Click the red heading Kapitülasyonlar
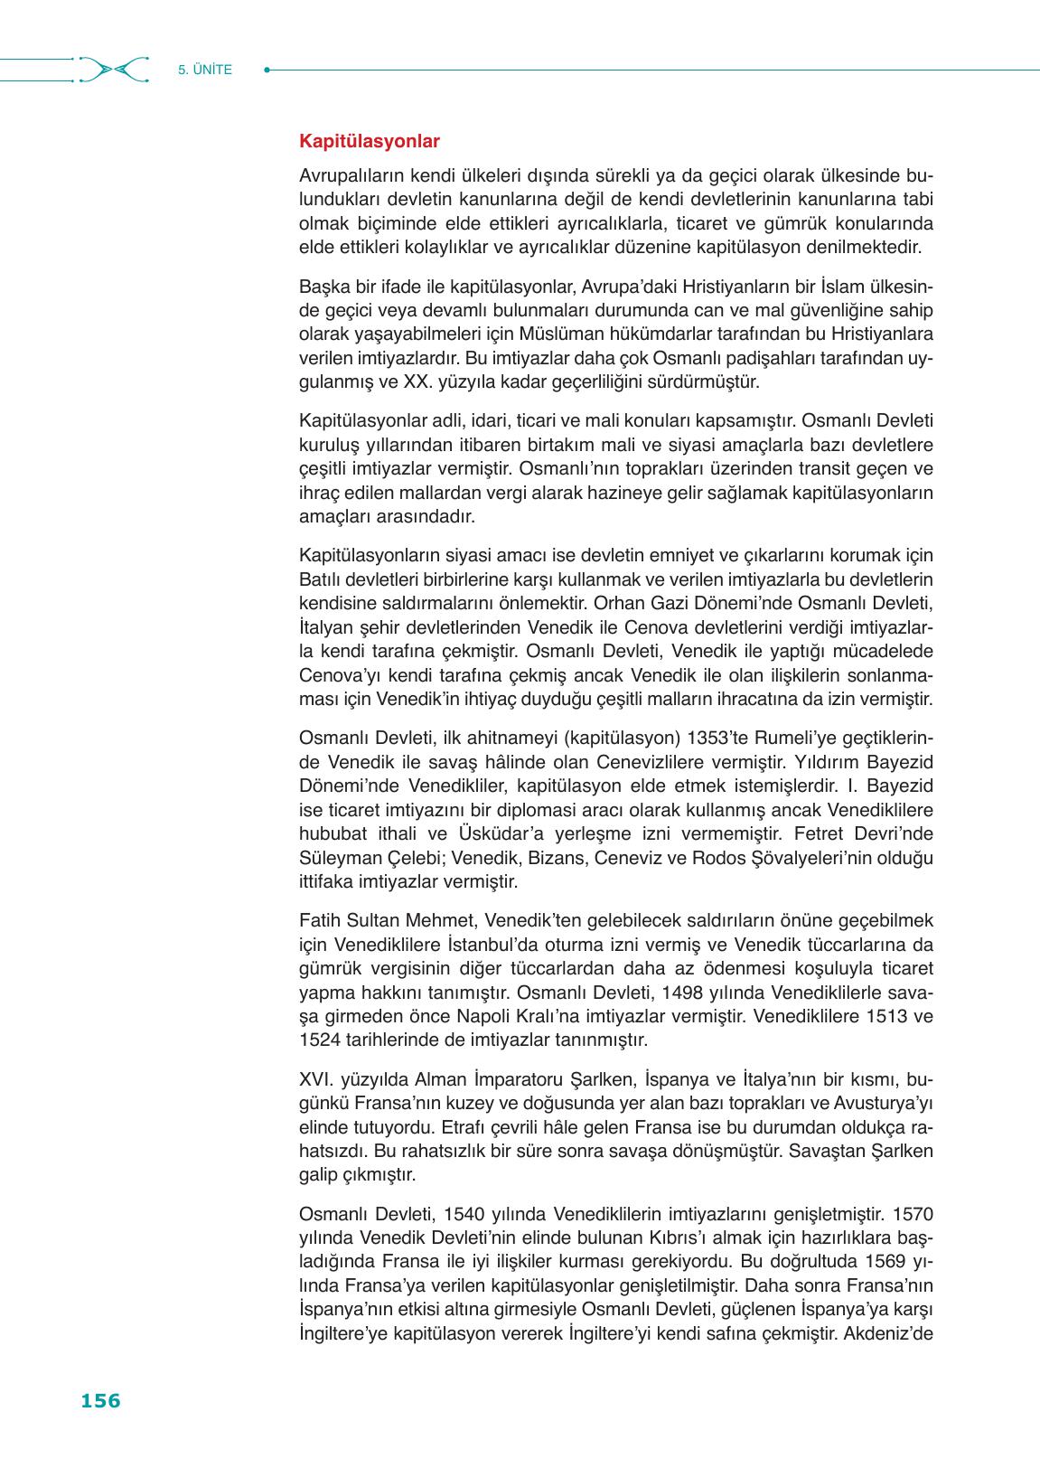pos(369,142)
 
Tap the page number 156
pos(100,1400)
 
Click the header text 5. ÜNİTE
pos(205,70)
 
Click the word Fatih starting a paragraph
pos(319,921)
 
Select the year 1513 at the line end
pos(885,1015)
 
